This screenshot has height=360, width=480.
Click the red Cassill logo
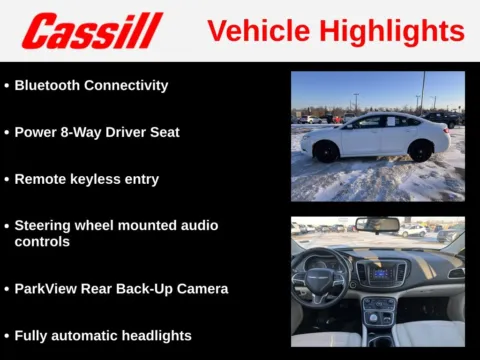tap(92, 31)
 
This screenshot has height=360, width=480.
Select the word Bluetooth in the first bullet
tap(49, 85)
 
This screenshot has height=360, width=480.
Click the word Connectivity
tap(127, 85)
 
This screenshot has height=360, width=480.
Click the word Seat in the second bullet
tap(163, 132)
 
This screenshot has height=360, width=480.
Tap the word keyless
tap(95, 179)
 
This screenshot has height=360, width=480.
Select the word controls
tap(42, 242)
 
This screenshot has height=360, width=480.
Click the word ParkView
tap(47, 289)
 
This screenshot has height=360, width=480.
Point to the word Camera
tap(201, 289)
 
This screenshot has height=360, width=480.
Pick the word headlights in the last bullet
tap(151, 336)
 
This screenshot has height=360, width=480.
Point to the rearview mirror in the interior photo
tap(377, 225)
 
